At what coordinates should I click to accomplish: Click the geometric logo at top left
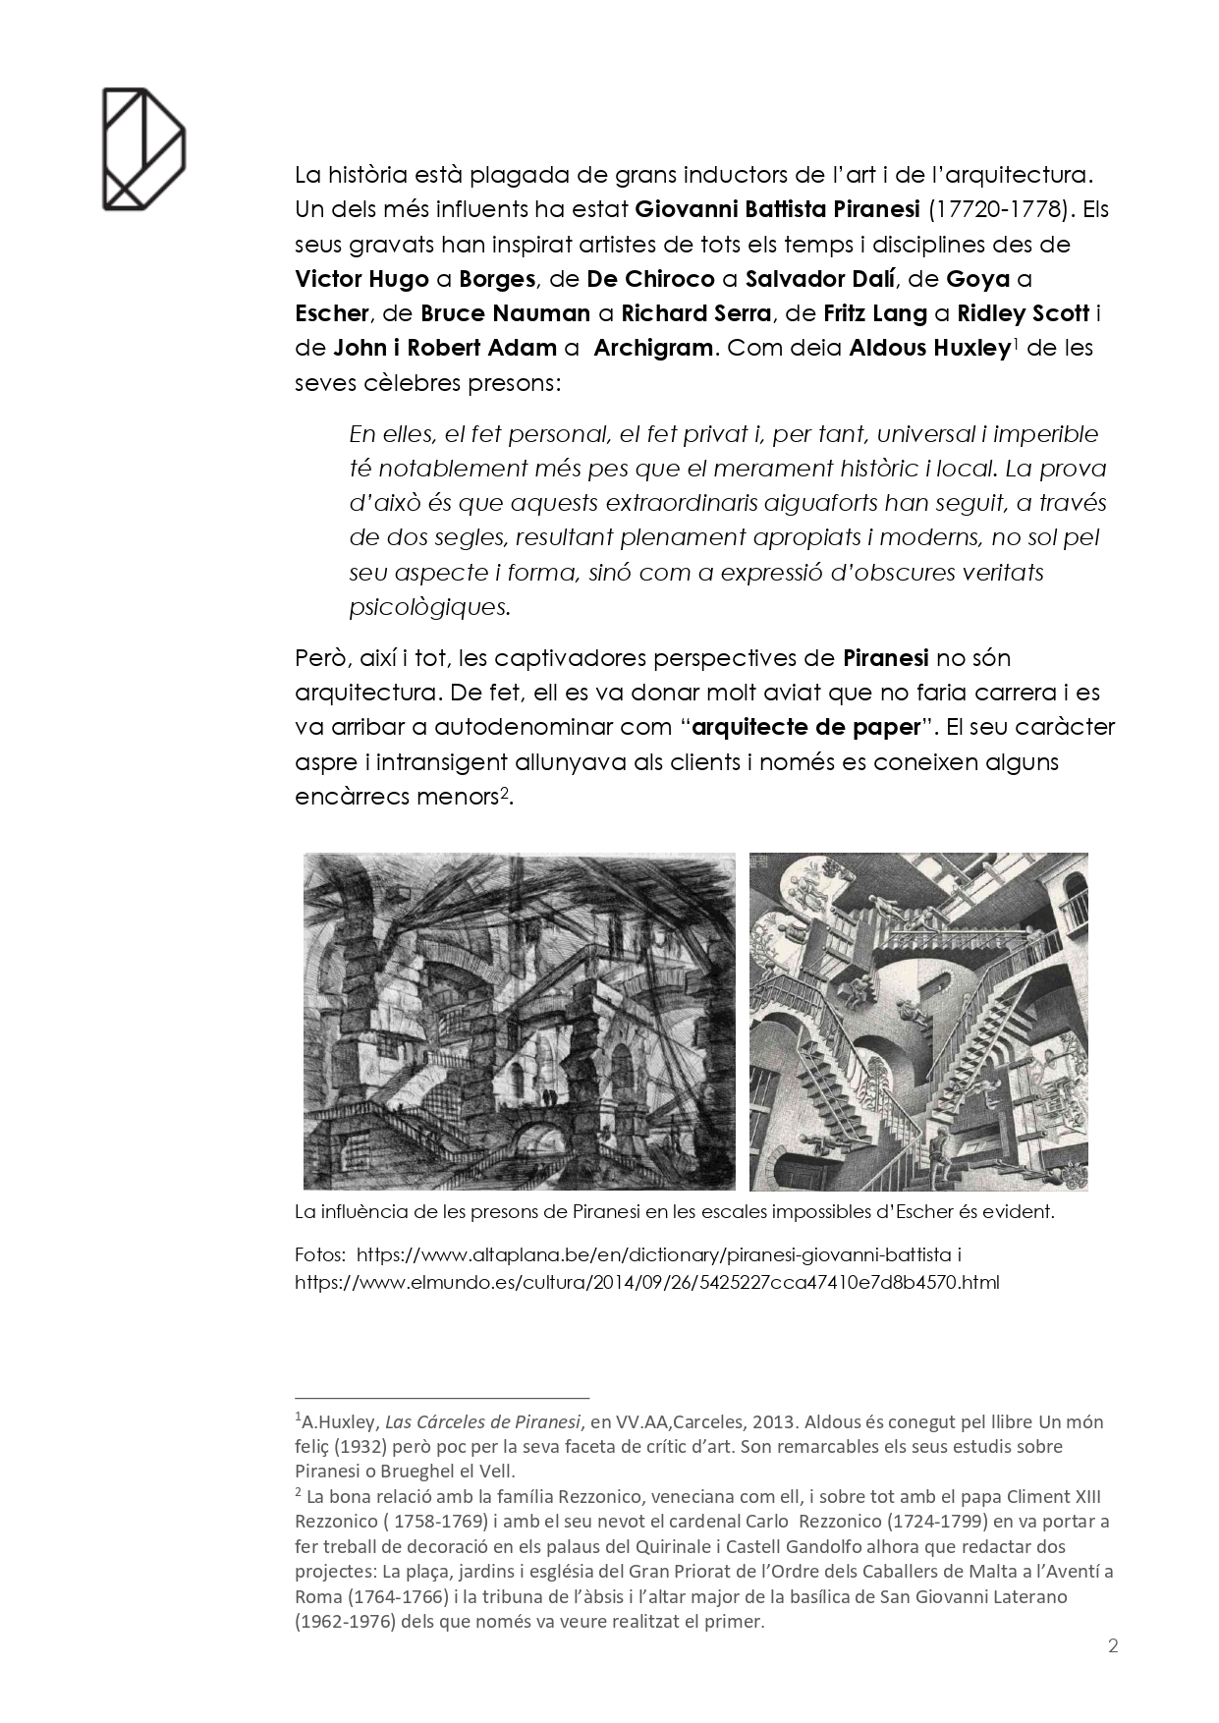pos(143,148)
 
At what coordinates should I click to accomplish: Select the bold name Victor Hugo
pos(361,278)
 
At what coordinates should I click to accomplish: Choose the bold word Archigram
pos(653,348)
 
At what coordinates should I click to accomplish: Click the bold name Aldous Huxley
pos(929,348)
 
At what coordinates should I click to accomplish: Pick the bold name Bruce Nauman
pos(505,313)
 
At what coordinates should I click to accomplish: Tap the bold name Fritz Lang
pos(875,313)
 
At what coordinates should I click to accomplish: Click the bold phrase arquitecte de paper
pos(809,727)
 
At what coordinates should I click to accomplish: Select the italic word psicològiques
pos(429,607)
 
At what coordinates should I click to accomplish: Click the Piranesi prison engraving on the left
pos(520,1021)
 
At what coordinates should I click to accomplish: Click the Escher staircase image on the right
pos(918,1021)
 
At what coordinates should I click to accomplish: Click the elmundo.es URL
pos(647,1282)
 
